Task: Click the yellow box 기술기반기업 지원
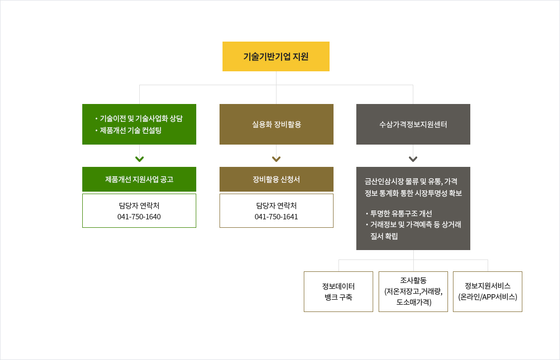276,56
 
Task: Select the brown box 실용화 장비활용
277,124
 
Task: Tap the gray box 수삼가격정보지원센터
413,124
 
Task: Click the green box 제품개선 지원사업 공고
139,179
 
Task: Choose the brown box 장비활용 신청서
277,179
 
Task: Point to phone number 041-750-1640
139,216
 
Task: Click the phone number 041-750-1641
276,216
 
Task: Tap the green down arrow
139,159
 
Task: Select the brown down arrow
276,159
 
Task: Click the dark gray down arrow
413,159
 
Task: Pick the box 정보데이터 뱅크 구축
338,292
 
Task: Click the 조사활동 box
413,292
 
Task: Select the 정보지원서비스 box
488,292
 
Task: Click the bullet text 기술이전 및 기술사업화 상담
141,118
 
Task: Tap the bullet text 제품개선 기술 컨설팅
131,130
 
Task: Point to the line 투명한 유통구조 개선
401,213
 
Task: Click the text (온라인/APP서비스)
488,297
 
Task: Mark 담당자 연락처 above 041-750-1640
139,206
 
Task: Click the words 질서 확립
384,236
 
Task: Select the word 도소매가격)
414,302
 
